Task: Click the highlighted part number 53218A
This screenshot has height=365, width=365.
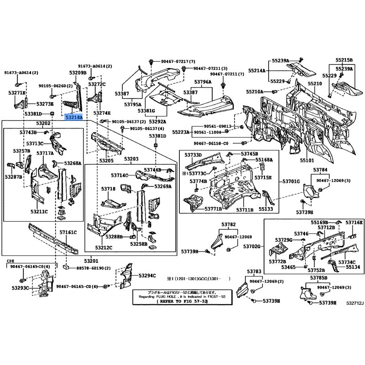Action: tap(73, 117)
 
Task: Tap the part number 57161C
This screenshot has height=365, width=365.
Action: tap(68, 233)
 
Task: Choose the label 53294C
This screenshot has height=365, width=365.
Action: tap(147, 276)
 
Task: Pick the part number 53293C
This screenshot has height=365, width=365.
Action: tap(20, 288)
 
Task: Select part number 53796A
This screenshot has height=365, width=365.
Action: tap(203, 82)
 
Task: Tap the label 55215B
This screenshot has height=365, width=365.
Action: tap(344, 60)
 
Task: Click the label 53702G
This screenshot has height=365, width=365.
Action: tap(251, 246)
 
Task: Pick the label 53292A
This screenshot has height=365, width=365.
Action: tap(157, 122)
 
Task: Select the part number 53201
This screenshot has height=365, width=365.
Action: tap(91, 261)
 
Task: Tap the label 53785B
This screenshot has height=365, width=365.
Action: tap(319, 277)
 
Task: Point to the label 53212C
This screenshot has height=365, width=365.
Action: tap(104, 247)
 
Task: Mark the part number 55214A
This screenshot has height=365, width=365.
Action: tap(257, 71)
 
